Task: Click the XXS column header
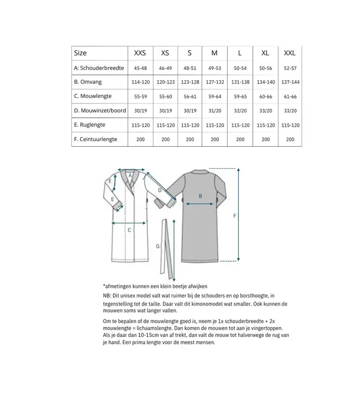point(140,53)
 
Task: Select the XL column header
point(265,53)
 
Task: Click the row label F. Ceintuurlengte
point(95,139)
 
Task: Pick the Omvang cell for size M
point(215,82)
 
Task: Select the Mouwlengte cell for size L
point(240,96)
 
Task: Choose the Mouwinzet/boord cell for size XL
point(265,111)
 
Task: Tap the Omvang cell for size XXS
point(140,82)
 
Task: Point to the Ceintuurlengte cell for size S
point(190,139)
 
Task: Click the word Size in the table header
point(80,53)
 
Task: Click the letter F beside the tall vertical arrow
point(234,215)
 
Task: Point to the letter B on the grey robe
point(200,195)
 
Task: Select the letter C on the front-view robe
point(129,229)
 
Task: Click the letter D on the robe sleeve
point(160,190)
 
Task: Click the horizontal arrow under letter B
point(200,203)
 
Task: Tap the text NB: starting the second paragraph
point(107,297)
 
